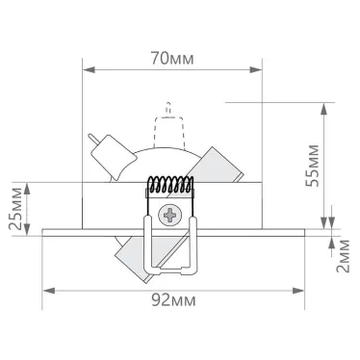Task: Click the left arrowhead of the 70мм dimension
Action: (x=88, y=69)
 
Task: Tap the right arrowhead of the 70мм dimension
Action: (x=257, y=69)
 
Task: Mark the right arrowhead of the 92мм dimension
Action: (x=305, y=288)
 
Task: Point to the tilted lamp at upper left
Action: (x=114, y=154)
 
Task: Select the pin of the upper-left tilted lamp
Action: (x=94, y=140)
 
